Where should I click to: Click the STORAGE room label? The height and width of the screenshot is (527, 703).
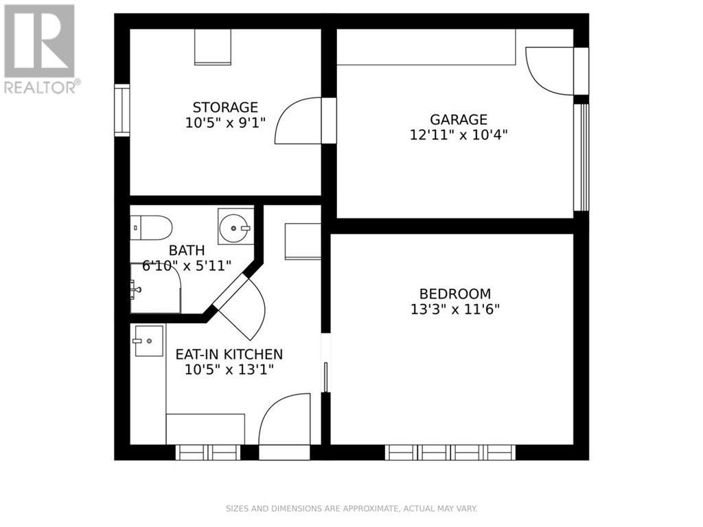225,107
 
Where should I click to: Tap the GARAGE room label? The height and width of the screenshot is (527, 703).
459,119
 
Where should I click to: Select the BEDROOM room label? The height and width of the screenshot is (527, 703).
454,293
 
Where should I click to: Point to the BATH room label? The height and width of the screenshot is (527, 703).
187,250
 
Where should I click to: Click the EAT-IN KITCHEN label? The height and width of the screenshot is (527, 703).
229,354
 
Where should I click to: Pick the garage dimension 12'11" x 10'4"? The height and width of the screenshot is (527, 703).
459,135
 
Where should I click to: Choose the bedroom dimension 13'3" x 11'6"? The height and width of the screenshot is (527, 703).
454,309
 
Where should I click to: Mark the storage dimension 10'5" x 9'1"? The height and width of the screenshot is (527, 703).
225,123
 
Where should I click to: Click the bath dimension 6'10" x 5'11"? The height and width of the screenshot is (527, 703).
187,266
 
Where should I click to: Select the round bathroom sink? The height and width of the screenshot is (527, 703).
234,226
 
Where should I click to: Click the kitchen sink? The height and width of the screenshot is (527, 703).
148,341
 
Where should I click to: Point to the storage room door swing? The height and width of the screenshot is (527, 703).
299,121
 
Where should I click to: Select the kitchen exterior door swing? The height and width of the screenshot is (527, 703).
285,420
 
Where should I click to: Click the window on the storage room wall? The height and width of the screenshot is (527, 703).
122,110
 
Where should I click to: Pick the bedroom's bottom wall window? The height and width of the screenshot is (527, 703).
450,453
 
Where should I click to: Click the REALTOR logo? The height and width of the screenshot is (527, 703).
41,48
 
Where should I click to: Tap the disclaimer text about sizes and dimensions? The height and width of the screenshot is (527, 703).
351,508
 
